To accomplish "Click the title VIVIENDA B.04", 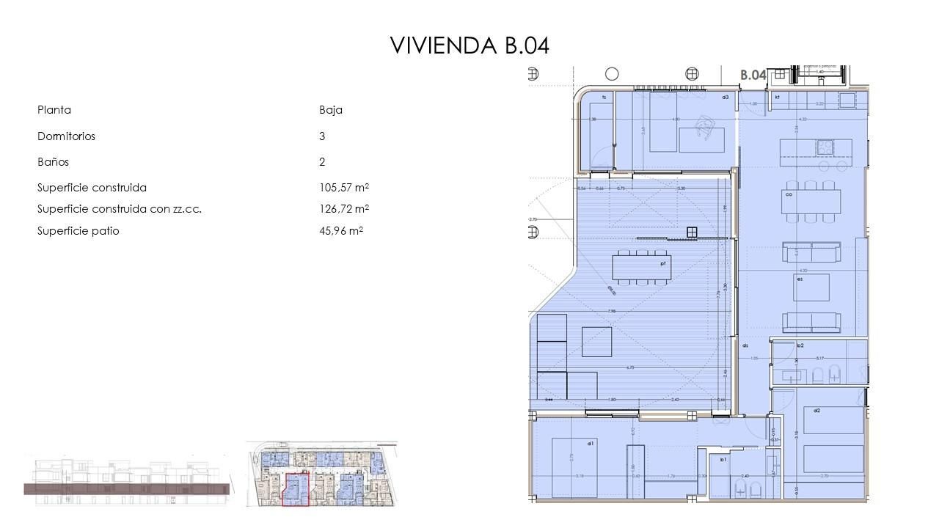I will coord(469,45).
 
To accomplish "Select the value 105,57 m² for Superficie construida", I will coord(343,188).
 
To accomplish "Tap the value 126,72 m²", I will coord(343,209).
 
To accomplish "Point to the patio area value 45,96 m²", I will coord(341,231).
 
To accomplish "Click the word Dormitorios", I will coord(66,136).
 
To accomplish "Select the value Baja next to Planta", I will coord(331,110).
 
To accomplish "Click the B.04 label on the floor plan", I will coord(753,75).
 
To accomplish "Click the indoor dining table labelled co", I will coord(809,201).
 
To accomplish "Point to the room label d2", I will coord(816,411).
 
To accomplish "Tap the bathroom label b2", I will coord(800,345).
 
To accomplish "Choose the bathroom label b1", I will coord(723,460).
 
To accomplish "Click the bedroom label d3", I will coord(725,97).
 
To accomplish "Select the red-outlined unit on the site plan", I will coord(296,490).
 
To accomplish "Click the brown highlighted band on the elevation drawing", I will coord(126,489).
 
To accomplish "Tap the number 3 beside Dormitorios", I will coord(322,136).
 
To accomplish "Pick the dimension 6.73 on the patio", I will coord(629,367).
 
